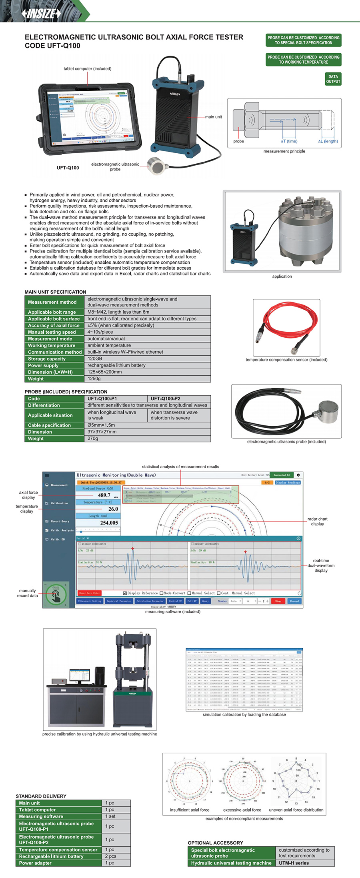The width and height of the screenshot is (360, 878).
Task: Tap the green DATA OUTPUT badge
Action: [333, 79]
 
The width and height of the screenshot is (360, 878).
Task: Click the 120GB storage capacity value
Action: [95, 359]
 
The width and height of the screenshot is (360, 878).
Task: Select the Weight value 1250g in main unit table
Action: [94, 379]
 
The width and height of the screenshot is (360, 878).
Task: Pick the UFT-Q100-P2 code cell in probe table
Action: [165, 399]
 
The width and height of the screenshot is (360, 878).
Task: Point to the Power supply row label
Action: [43, 365]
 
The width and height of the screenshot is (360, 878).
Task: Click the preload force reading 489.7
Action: [104, 495]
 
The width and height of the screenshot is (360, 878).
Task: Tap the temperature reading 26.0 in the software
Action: [113, 509]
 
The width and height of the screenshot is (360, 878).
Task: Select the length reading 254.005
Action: [109, 523]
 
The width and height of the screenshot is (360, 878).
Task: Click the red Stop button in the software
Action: [278, 601]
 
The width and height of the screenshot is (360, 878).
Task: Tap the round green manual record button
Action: [56, 595]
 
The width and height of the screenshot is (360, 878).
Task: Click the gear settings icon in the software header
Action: [298, 475]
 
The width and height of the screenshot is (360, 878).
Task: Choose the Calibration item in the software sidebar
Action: [59, 503]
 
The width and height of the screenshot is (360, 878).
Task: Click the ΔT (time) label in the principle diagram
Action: [289, 141]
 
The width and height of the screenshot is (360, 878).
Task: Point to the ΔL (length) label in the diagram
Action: [328, 141]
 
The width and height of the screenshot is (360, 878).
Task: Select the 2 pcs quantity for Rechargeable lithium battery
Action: [110, 856]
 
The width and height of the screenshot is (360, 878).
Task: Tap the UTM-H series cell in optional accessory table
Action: [294, 863]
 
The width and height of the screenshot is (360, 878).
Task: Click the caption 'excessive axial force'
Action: [242, 810]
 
